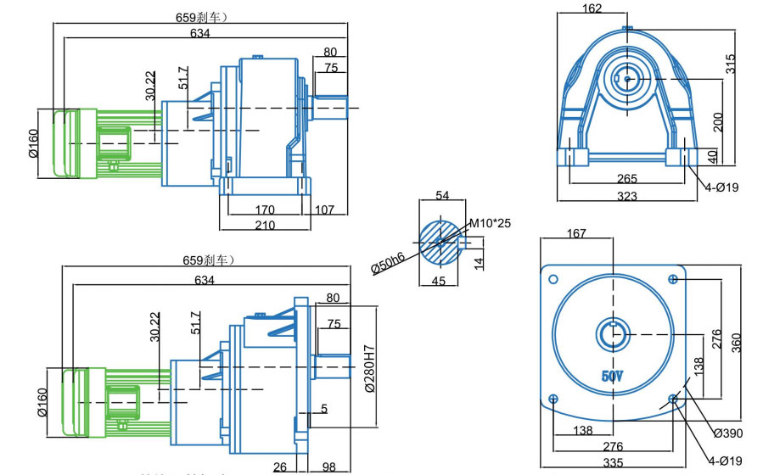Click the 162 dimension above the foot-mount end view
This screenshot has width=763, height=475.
tap(592, 9)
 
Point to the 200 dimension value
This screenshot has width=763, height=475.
tap(718, 122)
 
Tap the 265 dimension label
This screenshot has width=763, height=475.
tap(627, 179)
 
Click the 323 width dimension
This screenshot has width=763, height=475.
tap(626, 196)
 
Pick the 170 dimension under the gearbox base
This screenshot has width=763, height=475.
tap(265, 209)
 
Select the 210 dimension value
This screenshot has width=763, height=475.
tap(265, 225)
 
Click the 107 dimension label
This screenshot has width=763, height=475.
tap(324, 209)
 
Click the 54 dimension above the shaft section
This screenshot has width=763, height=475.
tap(442, 196)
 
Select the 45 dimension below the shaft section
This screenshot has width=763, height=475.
tap(439, 281)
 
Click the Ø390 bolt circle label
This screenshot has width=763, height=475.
tap(728, 433)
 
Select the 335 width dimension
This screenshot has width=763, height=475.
tap(612, 462)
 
